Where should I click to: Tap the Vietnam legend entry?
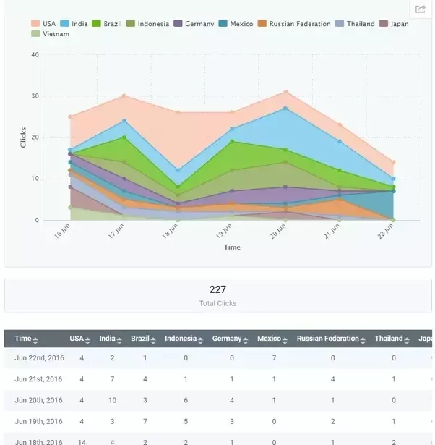[x=51, y=34]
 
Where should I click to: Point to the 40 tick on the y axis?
[x=35, y=55]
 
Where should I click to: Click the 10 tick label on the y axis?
[x=35, y=179]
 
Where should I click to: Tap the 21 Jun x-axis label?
[x=331, y=232]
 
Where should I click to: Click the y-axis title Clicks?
[x=23, y=137]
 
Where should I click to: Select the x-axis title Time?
[x=232, y=247]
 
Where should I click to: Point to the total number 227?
[x=217, y=289]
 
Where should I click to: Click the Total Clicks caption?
[x=217, y=303]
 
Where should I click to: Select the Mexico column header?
[x=269, y=339]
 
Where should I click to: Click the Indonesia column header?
[x=181, y=339]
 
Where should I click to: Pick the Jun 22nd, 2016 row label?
[x=39, y=358]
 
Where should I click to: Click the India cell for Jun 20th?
[x=112, y=400]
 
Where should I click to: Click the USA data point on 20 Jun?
[x=285, y=92]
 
